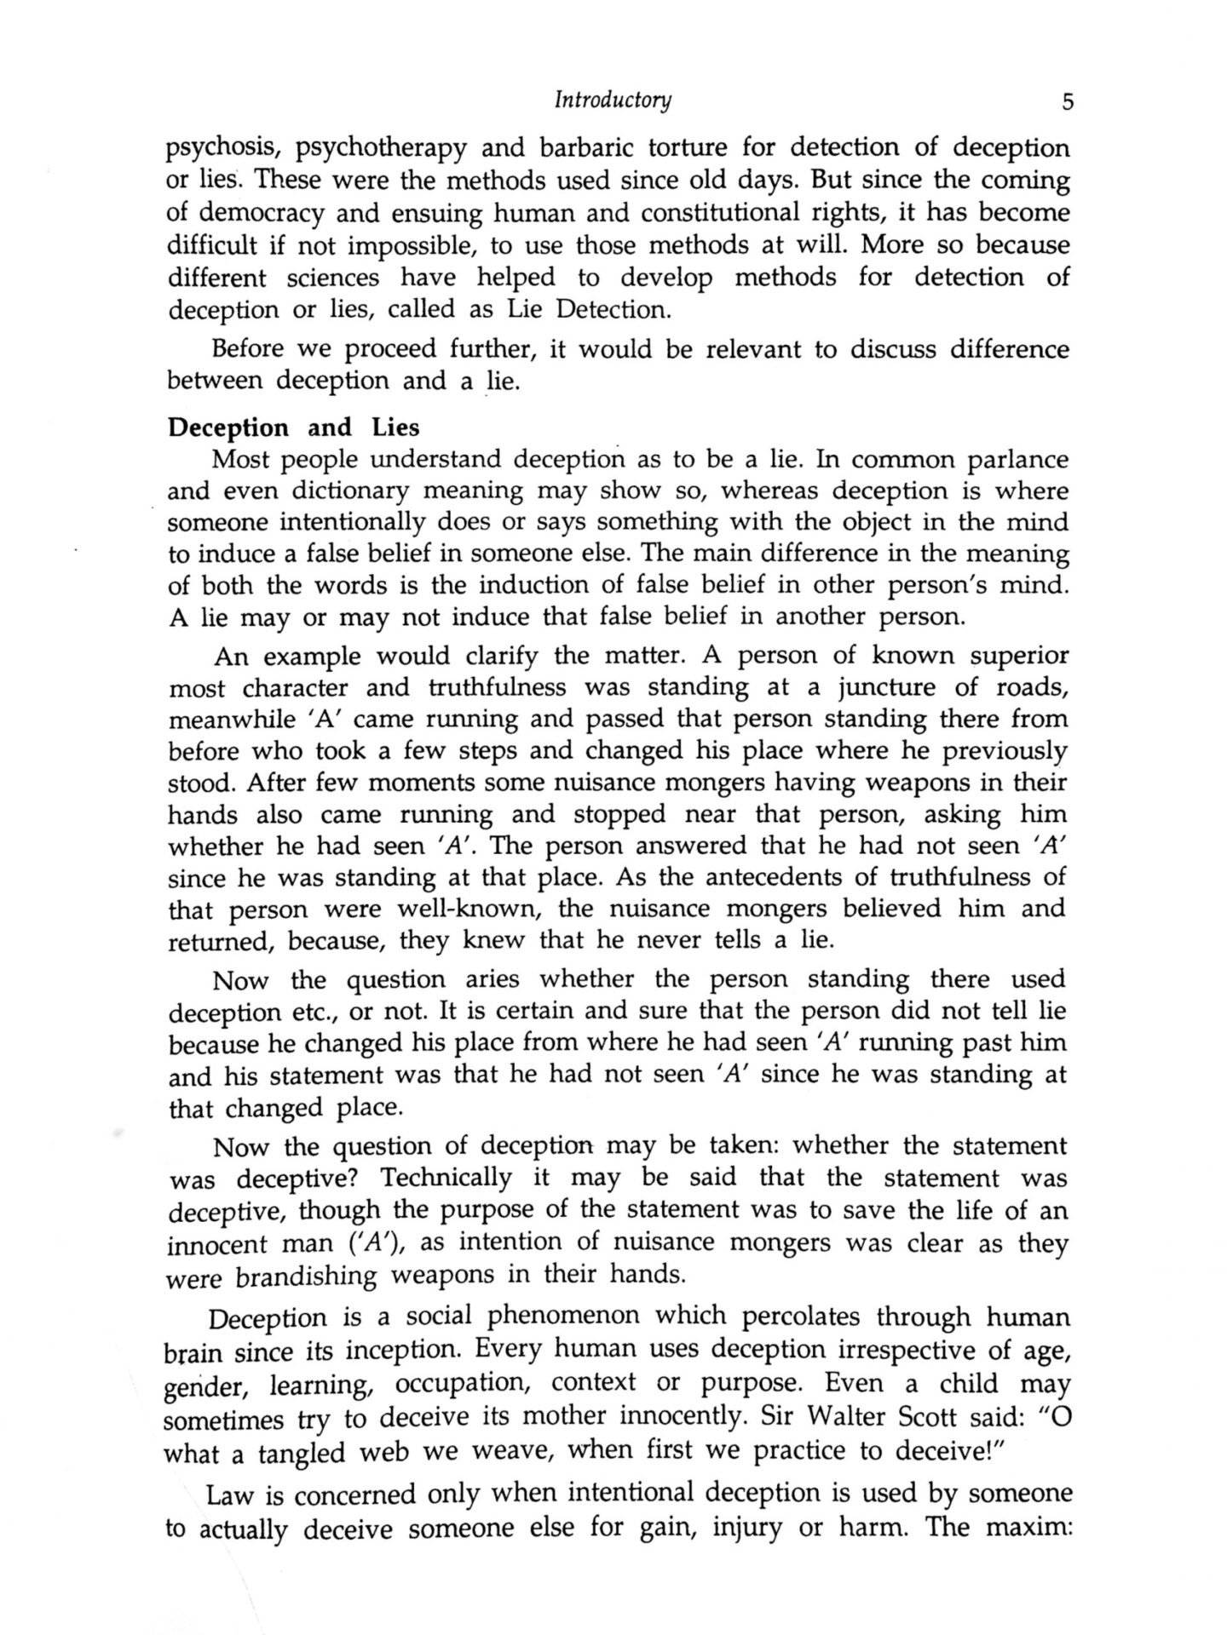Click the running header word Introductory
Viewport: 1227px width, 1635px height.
click(x=613, y=100)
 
